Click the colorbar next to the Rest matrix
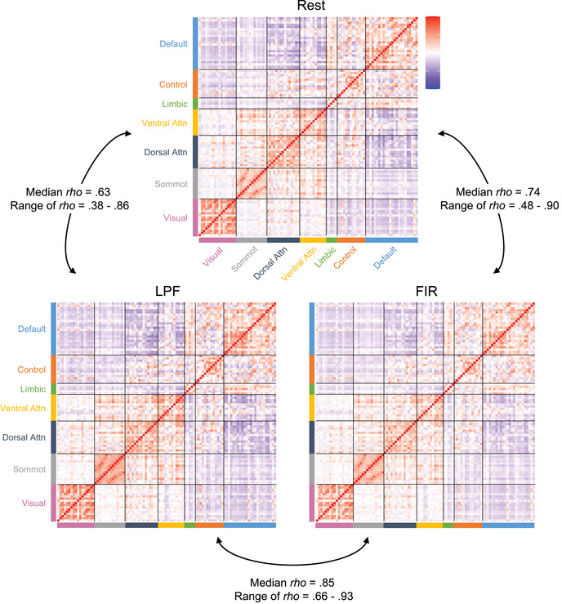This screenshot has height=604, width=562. [434, 51]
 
